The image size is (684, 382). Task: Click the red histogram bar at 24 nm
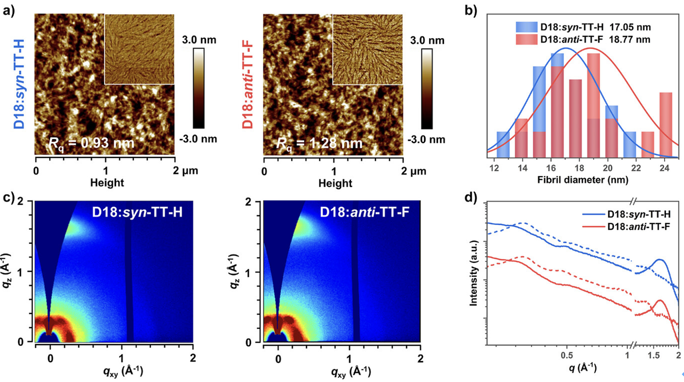coord(666,124)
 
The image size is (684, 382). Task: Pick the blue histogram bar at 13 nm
coord(503,144)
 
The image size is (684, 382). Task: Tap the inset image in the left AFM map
coord(139,50)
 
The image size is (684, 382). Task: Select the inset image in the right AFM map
coord(368,50)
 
